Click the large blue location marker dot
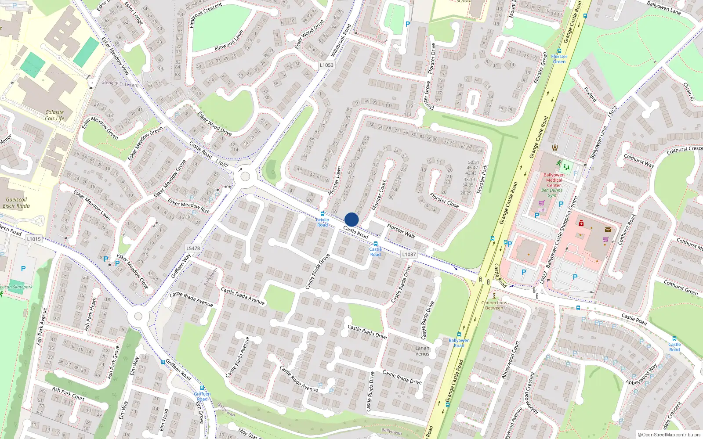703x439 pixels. pyautogui.click(x=351, y=219)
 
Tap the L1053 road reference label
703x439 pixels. pyautogui.click(x=326, y=65)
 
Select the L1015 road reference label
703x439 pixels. pyautogui.click(x=34, y=239)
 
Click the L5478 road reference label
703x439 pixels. pyautogui.click(x=193, y=248)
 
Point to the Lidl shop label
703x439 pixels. pyautogui.click(x=542, y=210)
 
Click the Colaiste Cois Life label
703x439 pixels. pyautogui.click(x=54, y=115)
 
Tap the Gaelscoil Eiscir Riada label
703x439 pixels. pyautogui.click(x=16, y=202)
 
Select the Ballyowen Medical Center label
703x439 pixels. pyautogui.click(x=554, y=180)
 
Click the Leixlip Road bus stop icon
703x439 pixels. pyautogui.click(x=323, y=214)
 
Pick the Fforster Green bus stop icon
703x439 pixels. pyautogui.click(x=559, y=51)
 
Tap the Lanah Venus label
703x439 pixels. pyautogui.click(x=422, y=351)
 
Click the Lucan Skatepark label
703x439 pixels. pyautogui.click(x=16, y=287)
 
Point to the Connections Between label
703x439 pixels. pyautogui.click(x=494, y=305)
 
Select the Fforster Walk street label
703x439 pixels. pyautogui.click(x=401, y=231)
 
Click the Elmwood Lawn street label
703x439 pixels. pyautogui.click(x=229, y=41)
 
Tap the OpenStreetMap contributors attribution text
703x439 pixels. pyautogui.click(x=669, y=435)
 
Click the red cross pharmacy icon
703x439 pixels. pyautogui.click(x=581, y=223)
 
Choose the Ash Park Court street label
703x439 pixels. pyautogui.click(x=68, y=393)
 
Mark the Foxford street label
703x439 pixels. pyautogui.click(x=590, y=94)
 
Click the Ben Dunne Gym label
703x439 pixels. pyautogui.click(x=552, y=193)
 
